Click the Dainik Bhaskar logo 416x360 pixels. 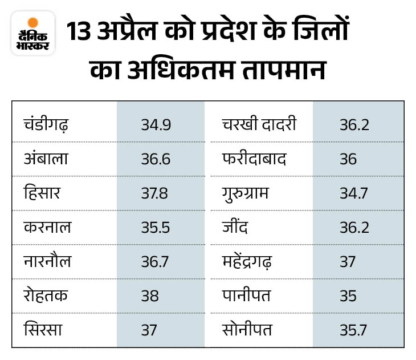33,33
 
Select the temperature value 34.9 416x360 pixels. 156,125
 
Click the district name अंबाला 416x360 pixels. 46,159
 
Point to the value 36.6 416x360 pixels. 156,159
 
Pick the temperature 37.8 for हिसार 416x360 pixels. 156,193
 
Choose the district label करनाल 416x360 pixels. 47,228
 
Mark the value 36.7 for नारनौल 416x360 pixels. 156,262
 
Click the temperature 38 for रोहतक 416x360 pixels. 150,296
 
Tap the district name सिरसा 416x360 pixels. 43,330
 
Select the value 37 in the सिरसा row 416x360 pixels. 149,330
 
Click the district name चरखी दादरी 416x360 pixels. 259,125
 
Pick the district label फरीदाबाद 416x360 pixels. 255,159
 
